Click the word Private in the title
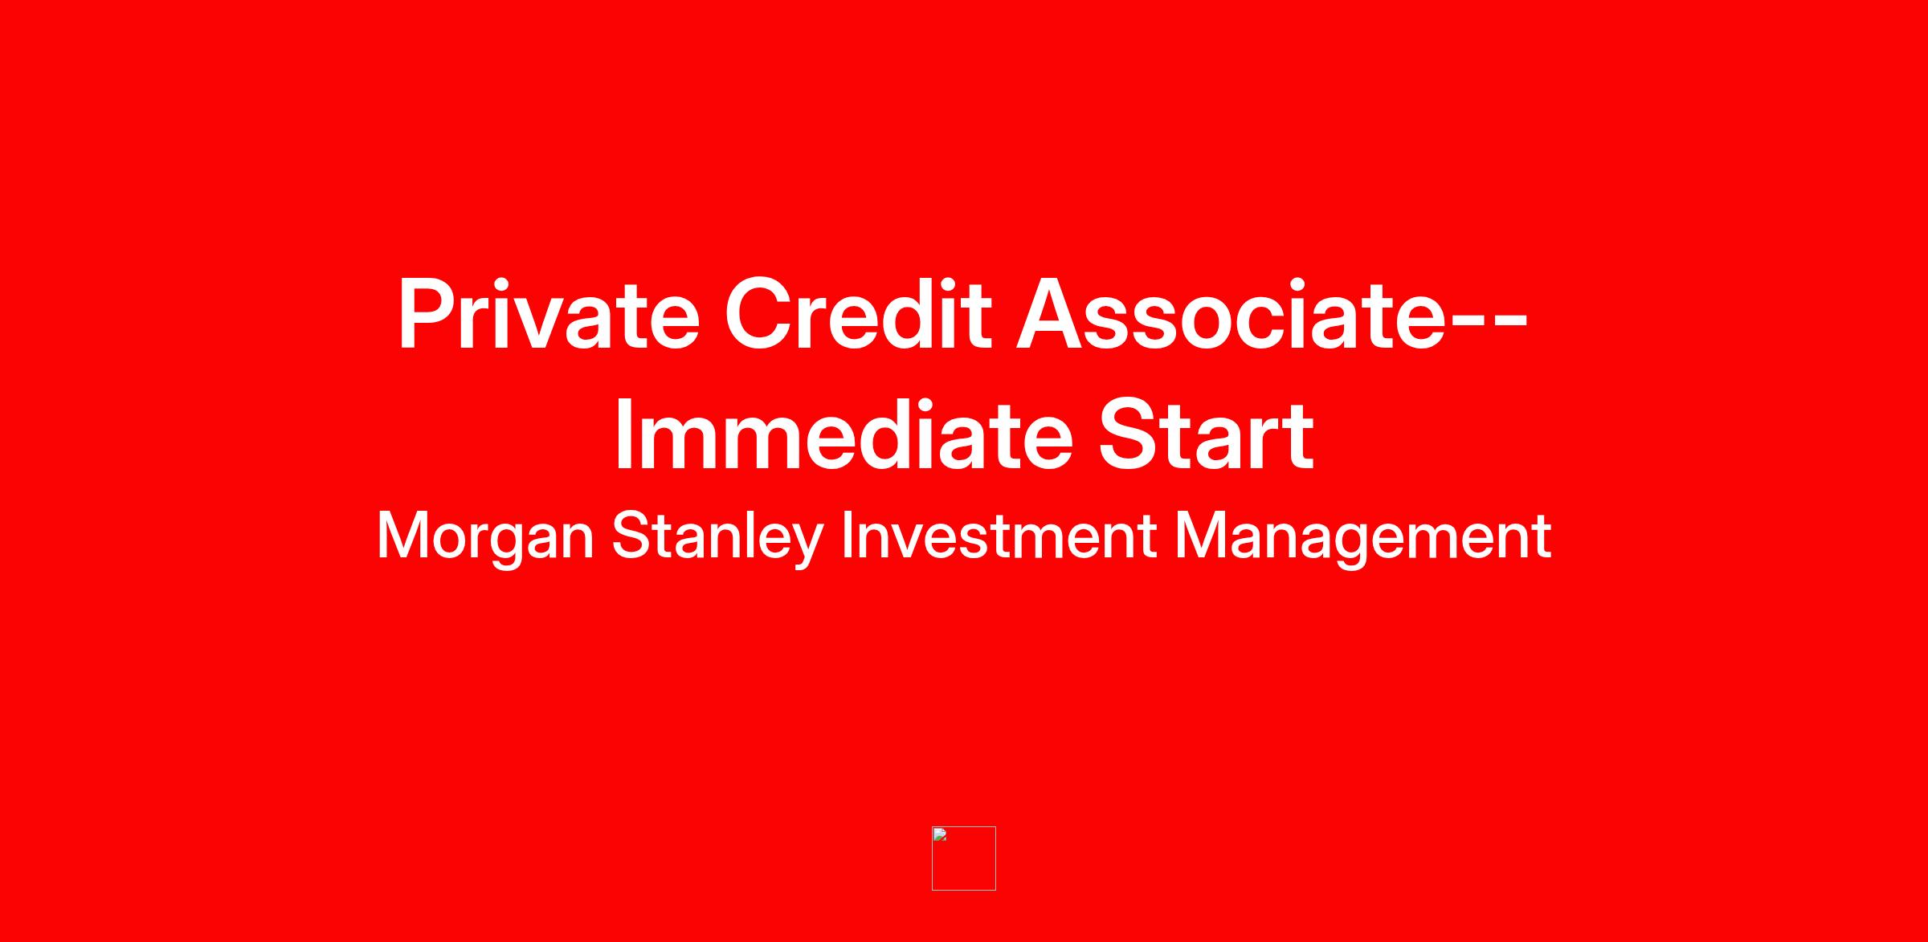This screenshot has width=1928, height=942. click(x=549, y=314)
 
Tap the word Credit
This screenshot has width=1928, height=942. click(x=858, y=314)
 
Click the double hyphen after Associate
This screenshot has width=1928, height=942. click(x=1488, y=324)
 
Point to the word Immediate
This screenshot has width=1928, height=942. click(x=844, y=434)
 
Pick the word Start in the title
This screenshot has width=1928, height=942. click(x=1206, y=434)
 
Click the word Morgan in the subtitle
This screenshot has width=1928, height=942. click(x=485, y=537)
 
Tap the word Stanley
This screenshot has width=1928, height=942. click(x=717, y=537)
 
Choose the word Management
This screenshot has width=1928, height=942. click(x=1363, y=537)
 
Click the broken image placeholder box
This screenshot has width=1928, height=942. click(x=964, y=858)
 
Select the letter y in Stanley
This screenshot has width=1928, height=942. click(x=807, y=545)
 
